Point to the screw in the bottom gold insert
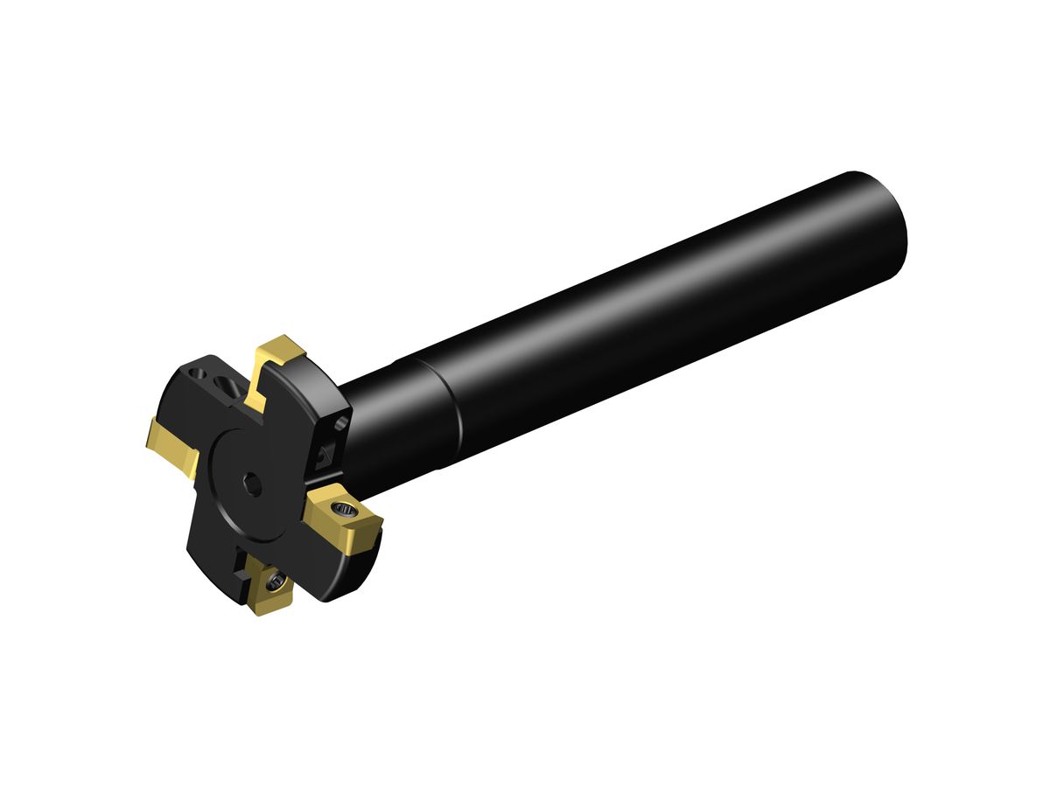[x=276, y=578]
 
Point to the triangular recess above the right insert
[x=326, y=453]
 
